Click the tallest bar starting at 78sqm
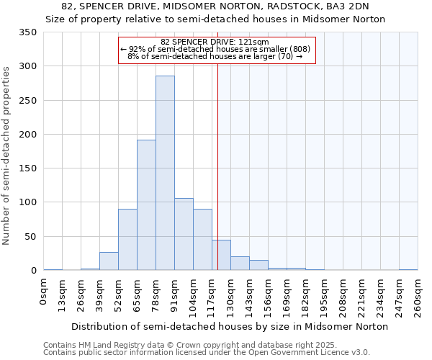[x=165, y=173]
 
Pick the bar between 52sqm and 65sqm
[x=127, y=240]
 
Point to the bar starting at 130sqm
[x=240, y=264]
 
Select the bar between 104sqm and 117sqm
[x=202, y=240]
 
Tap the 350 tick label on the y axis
[x=28, y=32]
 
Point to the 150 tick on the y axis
[x=28, y=168]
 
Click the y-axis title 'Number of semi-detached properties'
[x=6, y=156]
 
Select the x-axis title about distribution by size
[x=230, y=326]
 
